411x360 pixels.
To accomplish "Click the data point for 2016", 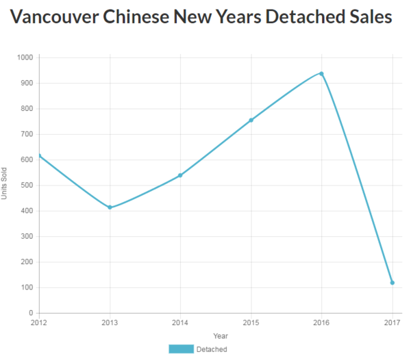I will [x=321, y=74].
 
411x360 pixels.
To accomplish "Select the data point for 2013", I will [x=110, y=207].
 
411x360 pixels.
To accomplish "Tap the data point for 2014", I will [x=180, y=175].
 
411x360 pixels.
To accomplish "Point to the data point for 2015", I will [x=251, y=120].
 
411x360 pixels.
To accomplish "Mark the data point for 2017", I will [x=392, y=283].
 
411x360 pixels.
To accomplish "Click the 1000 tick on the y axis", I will [x=24, y=57].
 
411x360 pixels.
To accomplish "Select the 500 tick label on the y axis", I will [x=26, y=185].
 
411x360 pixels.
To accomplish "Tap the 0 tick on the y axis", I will [x=31, y=313].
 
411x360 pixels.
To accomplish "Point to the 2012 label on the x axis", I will [x=39, y=322].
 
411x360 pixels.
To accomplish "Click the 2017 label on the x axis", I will [x=392, y=322].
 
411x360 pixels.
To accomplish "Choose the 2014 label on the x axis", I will [x=180, y=322].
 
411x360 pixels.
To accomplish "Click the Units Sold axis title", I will [x=5, y=185].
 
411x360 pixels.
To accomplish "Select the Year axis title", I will [x=220, y=336].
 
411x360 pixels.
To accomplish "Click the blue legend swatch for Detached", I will [x=181, y=349].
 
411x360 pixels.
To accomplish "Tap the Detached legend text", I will [x=212, y=349].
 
